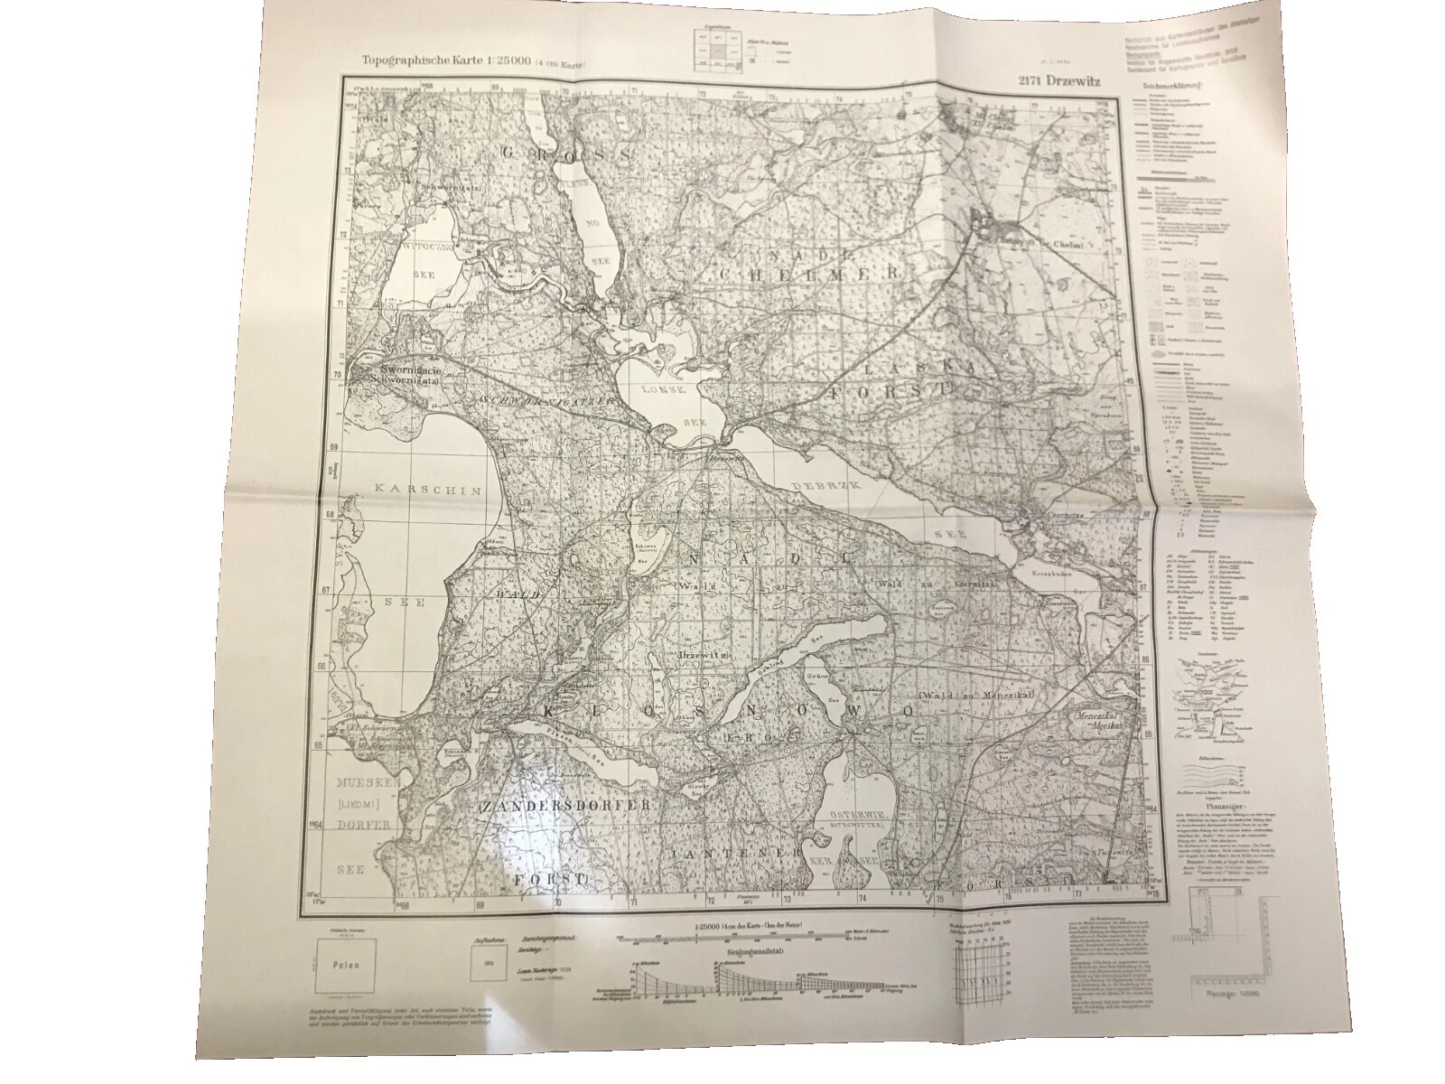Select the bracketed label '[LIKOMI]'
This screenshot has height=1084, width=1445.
pyautogui.click(x=358, y=802)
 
